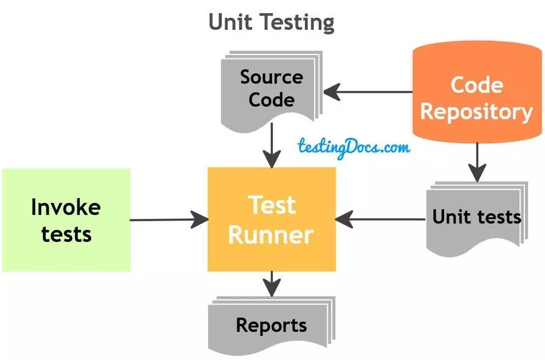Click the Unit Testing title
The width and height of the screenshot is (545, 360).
(x=272, y=22)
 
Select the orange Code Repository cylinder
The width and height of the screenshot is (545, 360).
(x=477, y=92)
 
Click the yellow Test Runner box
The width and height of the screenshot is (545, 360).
(x=272, y=219)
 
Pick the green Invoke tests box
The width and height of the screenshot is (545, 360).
(x=66, y=220)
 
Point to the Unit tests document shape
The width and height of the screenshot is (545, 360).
(x=477, y=218)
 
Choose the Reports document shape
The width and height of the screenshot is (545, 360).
(x=272, y=326)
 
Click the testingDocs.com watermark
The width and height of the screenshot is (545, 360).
(x=354, y=147)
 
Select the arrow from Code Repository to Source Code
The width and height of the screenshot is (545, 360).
(x=368, y=92)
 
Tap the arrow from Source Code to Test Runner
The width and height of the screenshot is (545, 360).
(x=272, y=146)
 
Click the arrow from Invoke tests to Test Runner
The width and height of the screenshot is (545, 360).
(x=169, y=220)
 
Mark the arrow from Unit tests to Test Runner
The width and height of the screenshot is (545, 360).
(x=381, y=220)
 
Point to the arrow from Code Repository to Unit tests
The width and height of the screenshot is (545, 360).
(x=477, y=162)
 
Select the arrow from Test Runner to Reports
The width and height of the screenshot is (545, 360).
(x=272, y=284)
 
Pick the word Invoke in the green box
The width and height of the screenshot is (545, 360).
(x=66, y=207)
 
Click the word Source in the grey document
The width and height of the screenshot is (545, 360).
(x=272, y=77)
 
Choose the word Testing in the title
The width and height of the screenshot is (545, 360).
(x=298, y=23)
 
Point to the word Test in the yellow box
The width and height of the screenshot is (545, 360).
(x=272, y=205)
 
